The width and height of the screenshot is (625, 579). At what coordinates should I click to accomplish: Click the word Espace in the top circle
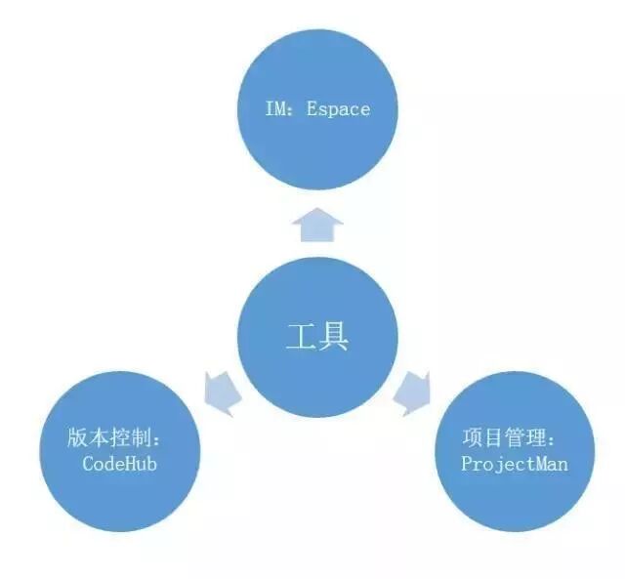point(338,108)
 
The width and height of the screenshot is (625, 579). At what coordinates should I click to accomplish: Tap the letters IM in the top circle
point(276,108)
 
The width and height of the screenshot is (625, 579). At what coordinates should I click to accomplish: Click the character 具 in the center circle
point(334,338)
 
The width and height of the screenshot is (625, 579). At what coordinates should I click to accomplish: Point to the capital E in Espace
point(312,108)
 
